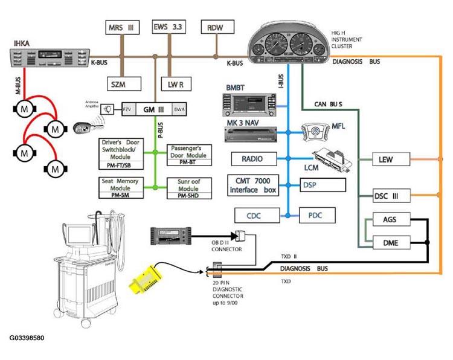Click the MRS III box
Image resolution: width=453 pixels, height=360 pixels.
123,27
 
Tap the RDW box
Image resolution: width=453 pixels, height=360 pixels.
215,28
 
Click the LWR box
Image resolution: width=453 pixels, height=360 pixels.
176,83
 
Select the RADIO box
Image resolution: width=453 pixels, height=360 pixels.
252,159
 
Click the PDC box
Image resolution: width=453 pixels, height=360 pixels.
317,214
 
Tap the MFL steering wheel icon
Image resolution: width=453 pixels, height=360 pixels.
309,132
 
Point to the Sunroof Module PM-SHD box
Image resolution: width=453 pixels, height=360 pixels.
189,188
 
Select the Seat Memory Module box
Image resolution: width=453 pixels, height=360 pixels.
124,188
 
